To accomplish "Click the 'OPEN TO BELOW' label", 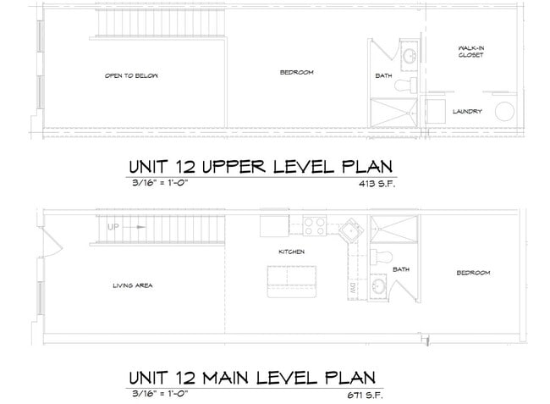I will (x=131, y=75).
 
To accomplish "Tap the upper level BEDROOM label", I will (x=296, y=72).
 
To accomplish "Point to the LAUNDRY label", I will (x=467, y=111).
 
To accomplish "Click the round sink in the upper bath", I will (x=408, y=56).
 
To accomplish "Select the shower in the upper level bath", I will (x=393, y=111).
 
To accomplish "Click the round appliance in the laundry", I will (x=506, y=113).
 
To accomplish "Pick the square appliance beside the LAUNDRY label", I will (x=436, y=112).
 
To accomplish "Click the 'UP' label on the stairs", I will (x=113, y=228).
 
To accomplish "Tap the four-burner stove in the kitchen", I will (x=315, y=226).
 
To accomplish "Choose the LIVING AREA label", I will (x=132, y=285).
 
